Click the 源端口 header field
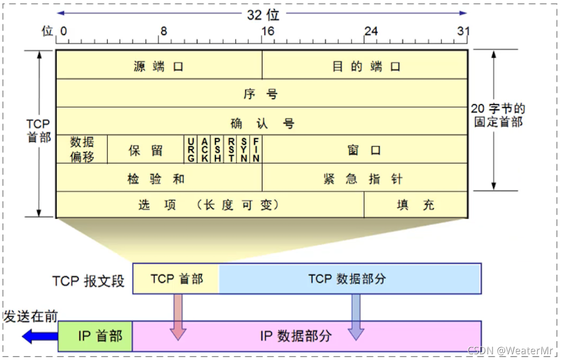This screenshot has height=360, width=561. [158, 66]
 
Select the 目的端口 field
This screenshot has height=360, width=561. [365, 66]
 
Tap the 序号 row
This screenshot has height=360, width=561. [261, 94]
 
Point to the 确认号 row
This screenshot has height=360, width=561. [261, 123]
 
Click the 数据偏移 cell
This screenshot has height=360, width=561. [82, 150]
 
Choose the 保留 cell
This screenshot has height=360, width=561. [146, 151]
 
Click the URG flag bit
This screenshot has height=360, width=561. [191, 150]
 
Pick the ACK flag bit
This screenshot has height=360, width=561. [204, 150]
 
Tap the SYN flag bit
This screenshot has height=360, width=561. [244, 150]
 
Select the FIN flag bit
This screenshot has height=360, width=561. [256, 150]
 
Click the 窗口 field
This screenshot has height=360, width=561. [364, 151]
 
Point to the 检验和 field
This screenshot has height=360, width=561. [158, 178]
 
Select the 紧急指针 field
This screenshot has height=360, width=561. [364, 178]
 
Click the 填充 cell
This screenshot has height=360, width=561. [415, 205]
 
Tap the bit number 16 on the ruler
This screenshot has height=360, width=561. [267, 31]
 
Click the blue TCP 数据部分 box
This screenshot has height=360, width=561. [349, 279]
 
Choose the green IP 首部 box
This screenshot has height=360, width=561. [95, 336]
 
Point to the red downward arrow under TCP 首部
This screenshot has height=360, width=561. [178, 316]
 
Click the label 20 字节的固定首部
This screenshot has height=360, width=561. [498, 115]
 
